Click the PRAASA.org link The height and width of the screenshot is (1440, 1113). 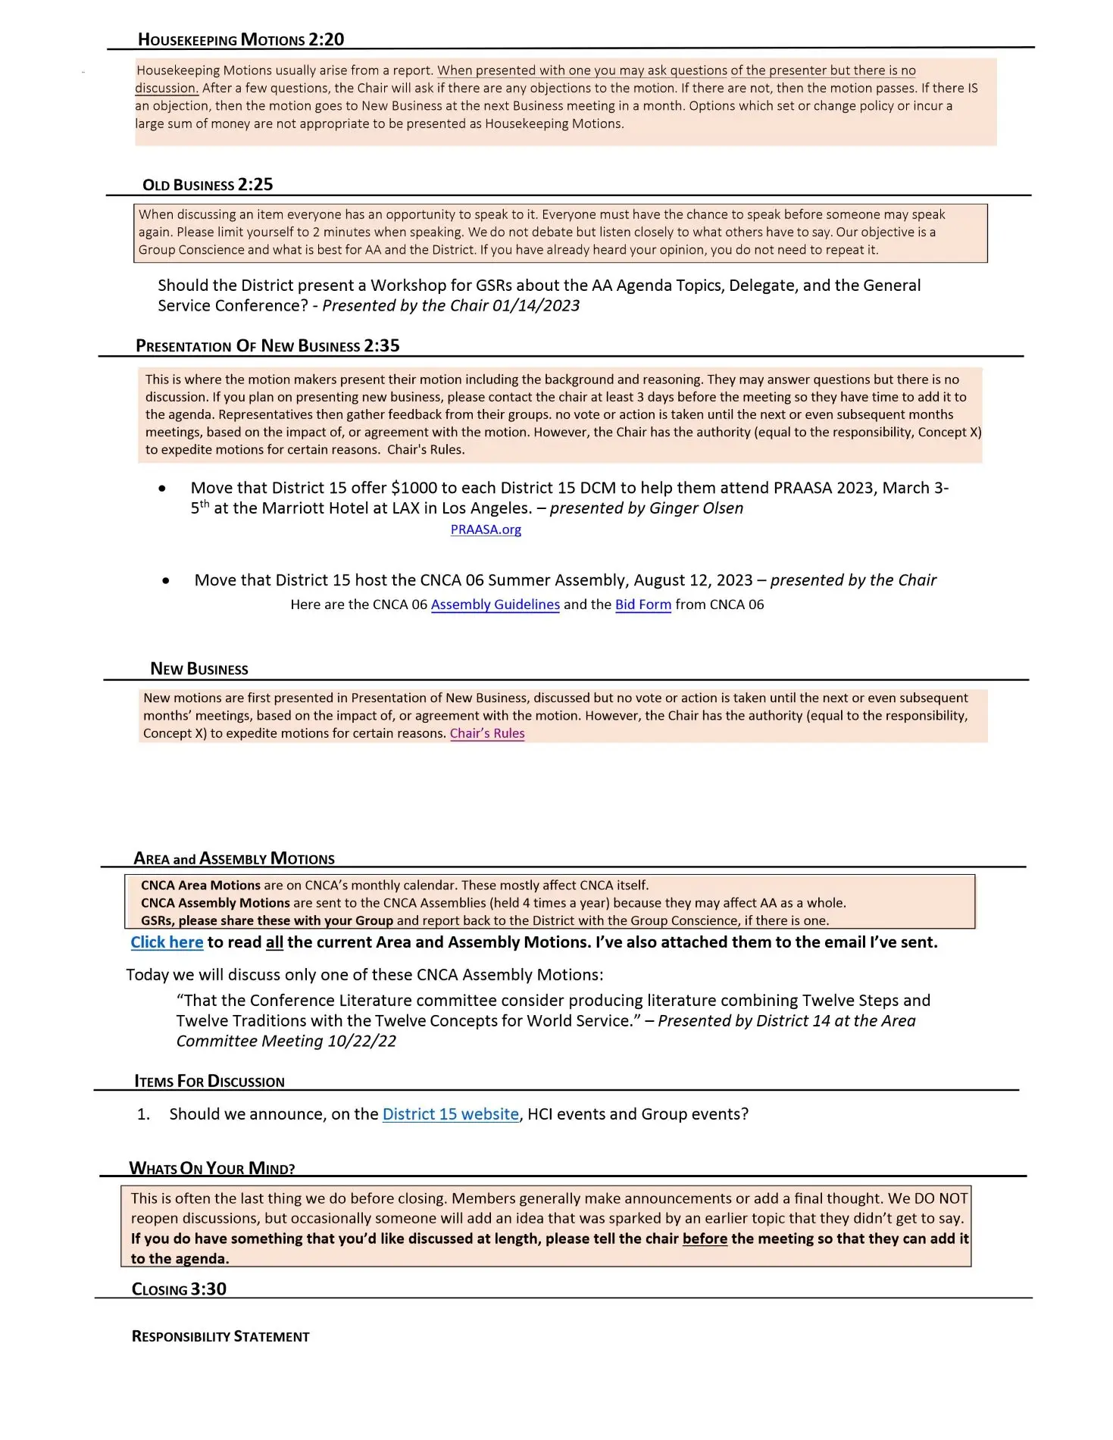click(x=486, y=529)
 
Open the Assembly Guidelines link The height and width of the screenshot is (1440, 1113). click(x=495, y=604)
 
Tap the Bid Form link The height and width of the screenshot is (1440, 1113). click(x=642, y=604)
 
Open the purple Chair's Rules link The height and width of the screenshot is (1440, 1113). click(x=486, y=733)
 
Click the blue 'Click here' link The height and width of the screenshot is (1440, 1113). click(x=167, y=942)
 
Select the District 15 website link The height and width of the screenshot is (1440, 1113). click(x=450, y=1114)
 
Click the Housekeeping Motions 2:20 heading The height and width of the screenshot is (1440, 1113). click(x=241, y=39)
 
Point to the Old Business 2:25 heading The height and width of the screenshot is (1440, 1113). click(x=208, y=185)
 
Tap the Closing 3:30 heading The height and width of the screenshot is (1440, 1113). click(x=179, y=1289)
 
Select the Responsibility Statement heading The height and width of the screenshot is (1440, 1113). click(x=220, y=1336)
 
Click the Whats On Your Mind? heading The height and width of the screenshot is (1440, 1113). click(x=212, y=1168)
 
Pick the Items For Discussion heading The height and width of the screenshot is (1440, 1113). click(x=209, y=1081)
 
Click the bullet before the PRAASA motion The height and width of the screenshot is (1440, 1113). click(x=162, y=489)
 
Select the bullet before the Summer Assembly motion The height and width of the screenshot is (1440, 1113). click(x=166, y=581)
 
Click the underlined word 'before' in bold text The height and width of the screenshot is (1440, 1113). click(x=704, y=1239)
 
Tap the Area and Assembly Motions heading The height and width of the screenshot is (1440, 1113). click(x=234, y=858)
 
